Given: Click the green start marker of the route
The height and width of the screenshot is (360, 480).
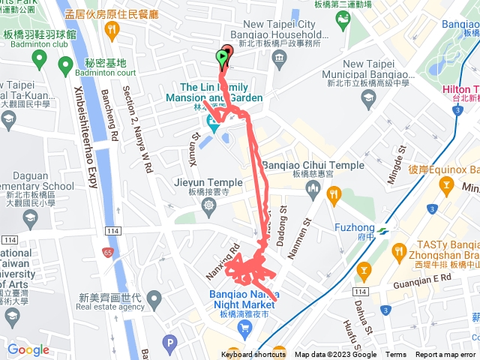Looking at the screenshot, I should click(222, 57).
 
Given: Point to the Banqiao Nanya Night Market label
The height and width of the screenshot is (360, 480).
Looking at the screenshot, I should click(240, 286).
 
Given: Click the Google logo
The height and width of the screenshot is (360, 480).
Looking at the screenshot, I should click(28, 349).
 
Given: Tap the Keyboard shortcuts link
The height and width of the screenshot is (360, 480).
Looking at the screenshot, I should click(253, 355).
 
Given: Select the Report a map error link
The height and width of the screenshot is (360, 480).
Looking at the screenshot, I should click(445, 355).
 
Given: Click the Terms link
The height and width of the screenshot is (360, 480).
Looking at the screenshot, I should click(396, 355).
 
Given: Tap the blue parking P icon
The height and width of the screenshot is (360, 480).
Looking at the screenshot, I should click(169, 344).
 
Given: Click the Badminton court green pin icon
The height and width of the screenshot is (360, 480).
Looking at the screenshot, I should click(64, 66).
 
